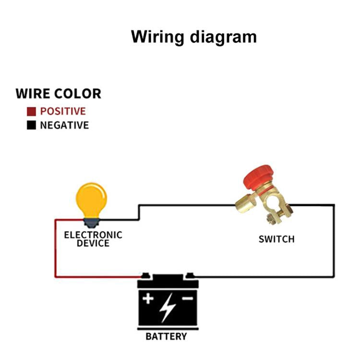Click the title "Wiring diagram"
193,37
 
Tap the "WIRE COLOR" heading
58,93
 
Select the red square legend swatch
32,111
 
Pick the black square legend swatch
32,126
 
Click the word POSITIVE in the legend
63,111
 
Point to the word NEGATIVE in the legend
64,126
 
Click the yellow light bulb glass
91,198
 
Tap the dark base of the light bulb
91,221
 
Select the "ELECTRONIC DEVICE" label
93,239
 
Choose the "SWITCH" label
276,239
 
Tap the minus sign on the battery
187,299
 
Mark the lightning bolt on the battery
168,308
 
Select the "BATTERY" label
166,336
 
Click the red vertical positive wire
55,249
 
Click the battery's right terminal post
191,276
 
